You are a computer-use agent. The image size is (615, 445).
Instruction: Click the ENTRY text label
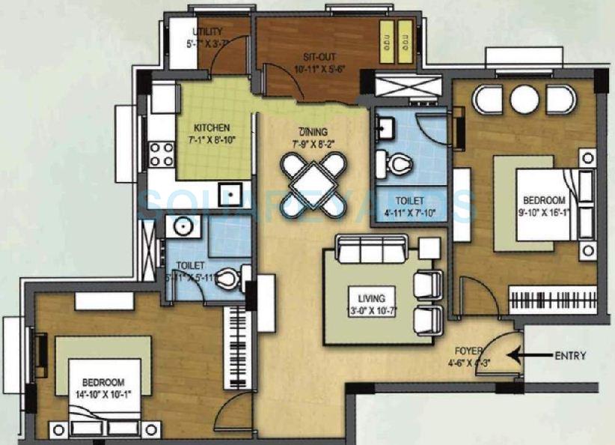coord(570,356)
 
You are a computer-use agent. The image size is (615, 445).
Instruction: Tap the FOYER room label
coord(471,350)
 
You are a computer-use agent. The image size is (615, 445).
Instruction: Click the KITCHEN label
coord(212,128)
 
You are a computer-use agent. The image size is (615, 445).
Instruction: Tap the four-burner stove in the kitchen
coord(162,154)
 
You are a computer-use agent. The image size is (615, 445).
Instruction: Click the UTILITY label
coord(207,32)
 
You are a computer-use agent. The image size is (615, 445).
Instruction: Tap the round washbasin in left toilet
coord(180,226)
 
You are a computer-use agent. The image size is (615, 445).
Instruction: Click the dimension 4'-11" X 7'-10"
coord(411,213)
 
